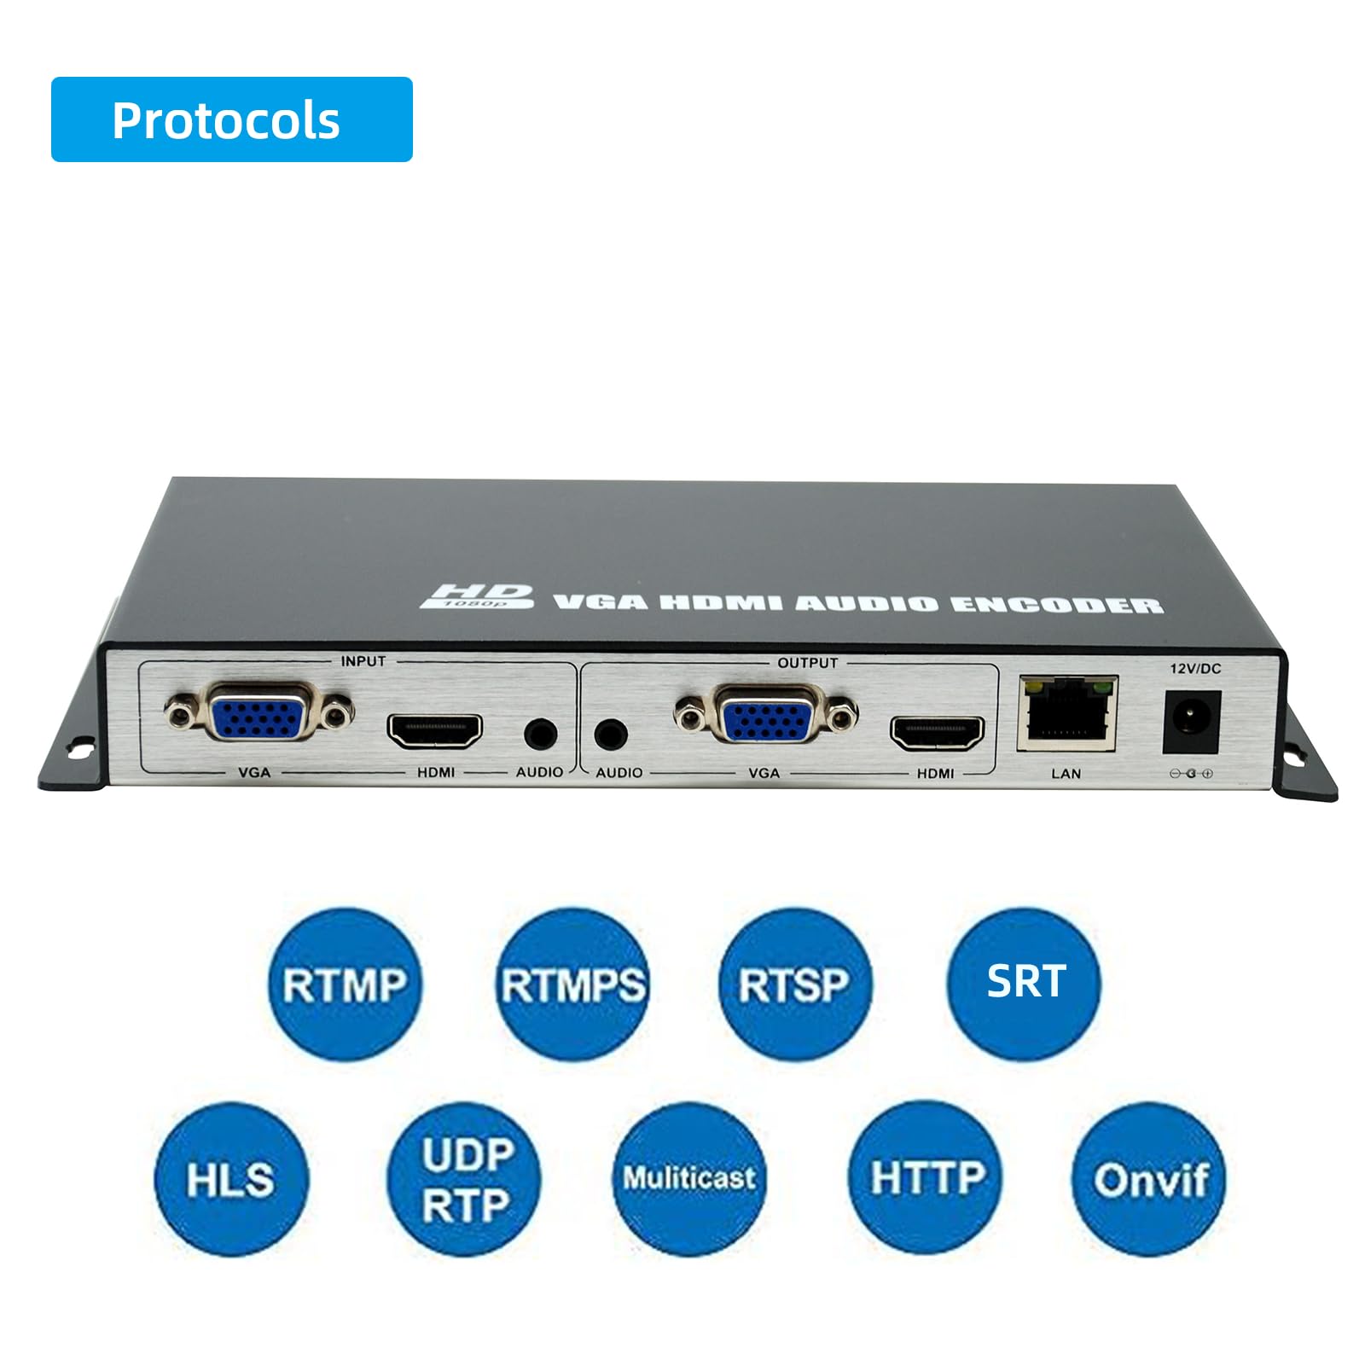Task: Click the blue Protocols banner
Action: (231, 119)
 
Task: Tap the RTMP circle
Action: (345, 984)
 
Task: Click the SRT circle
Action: (1025, 984)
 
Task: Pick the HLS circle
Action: (230, 1179)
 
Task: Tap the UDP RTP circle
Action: (464, 1179)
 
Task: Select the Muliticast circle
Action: (689, 1179)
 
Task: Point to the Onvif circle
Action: (1148, 1179)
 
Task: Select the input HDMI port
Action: (435, 731)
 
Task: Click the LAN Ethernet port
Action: (1066, 715)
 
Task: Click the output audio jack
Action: (611, 735)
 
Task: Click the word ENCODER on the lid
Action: (1056, 605)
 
